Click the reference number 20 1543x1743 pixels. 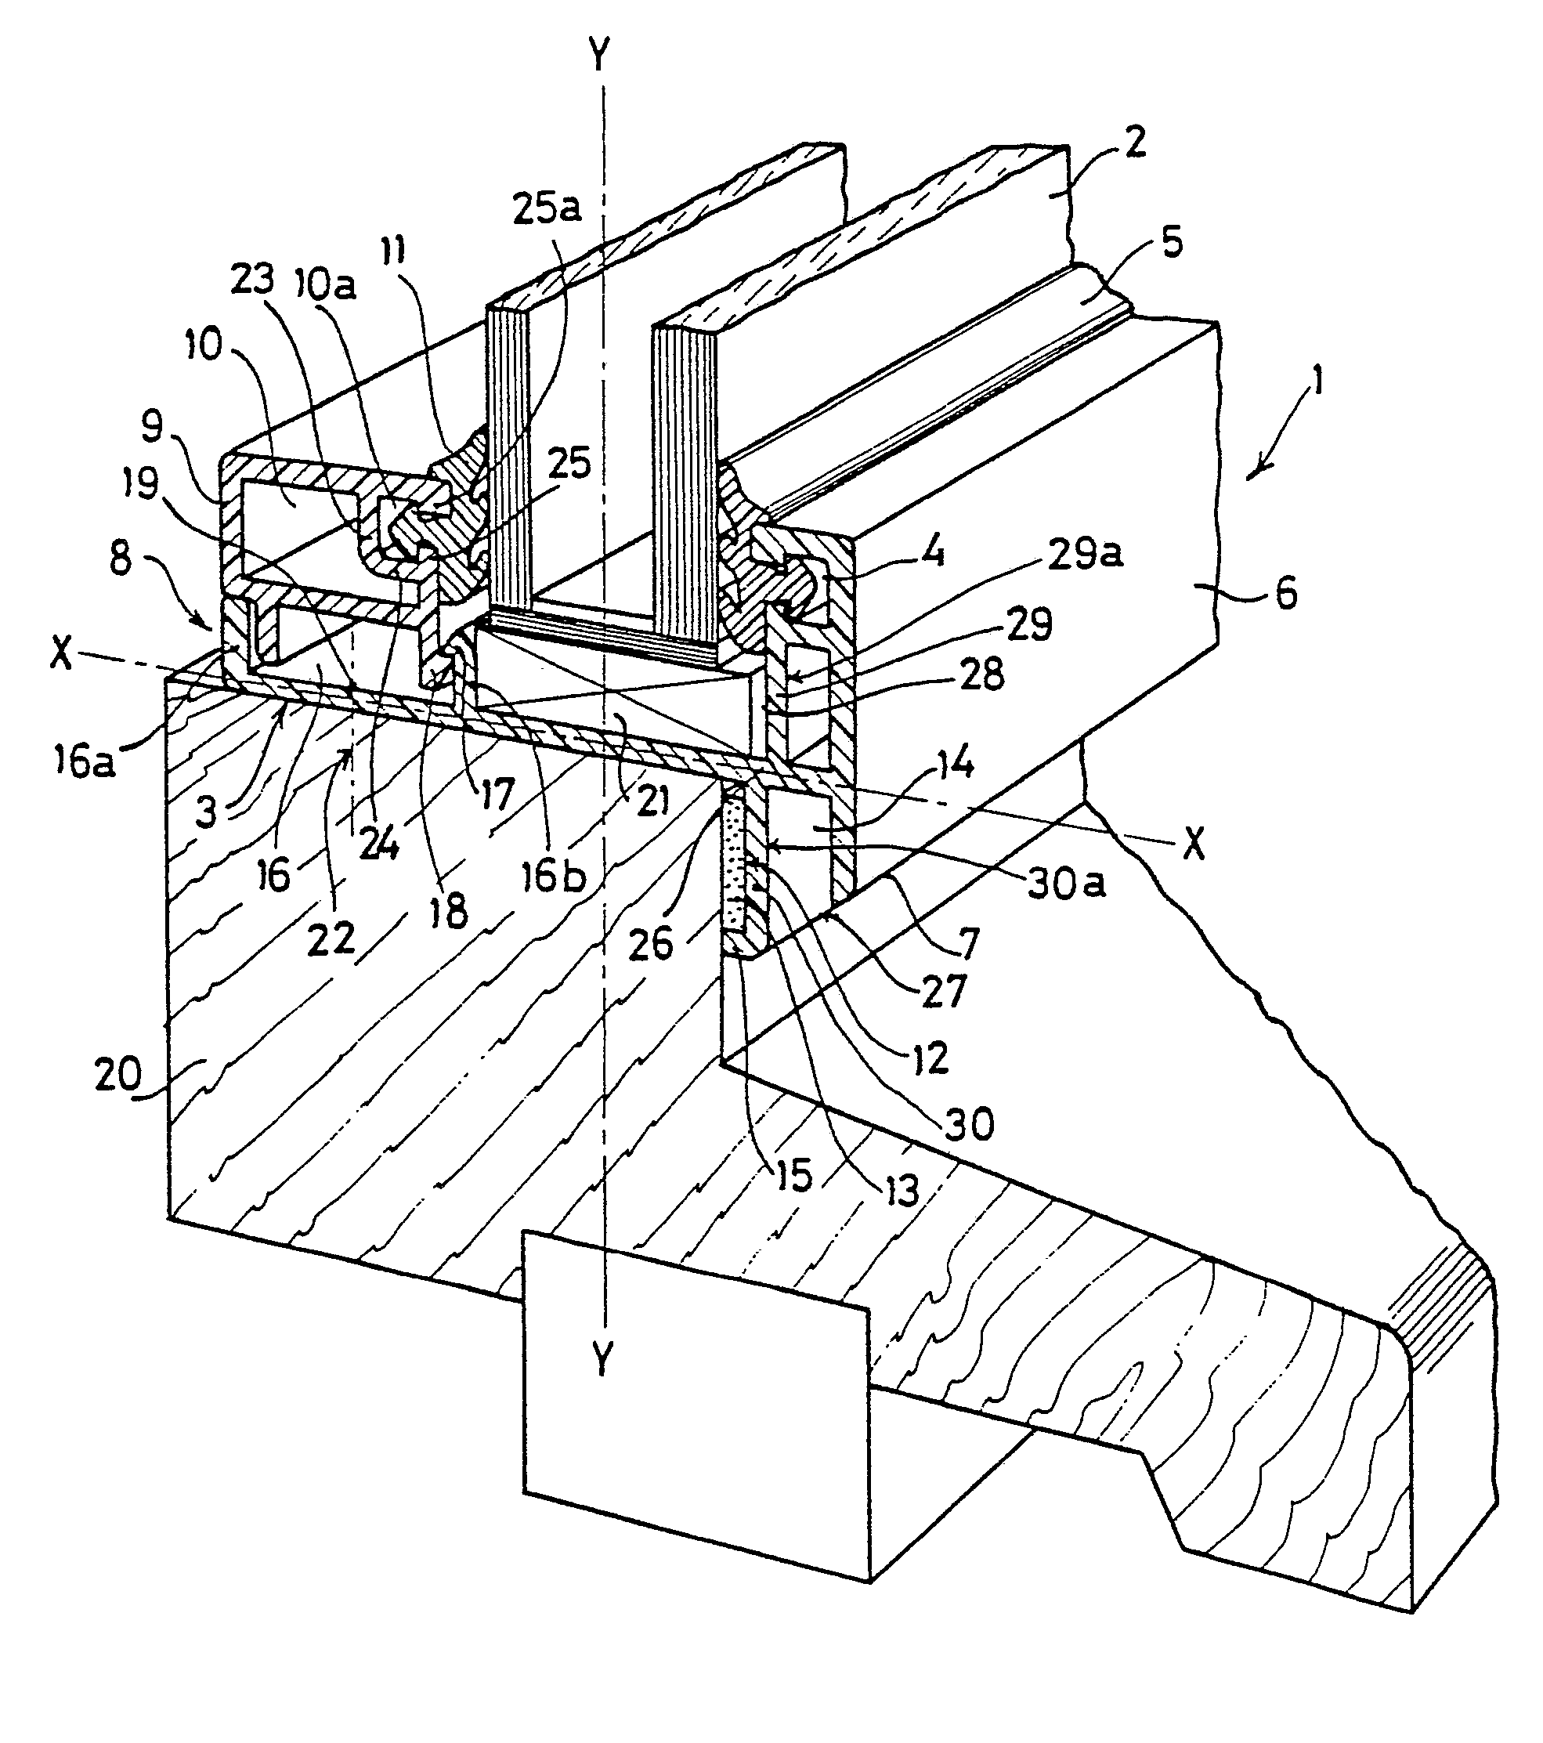(x=118, y=1076)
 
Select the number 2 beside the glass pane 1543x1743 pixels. (x=1134, y=143)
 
